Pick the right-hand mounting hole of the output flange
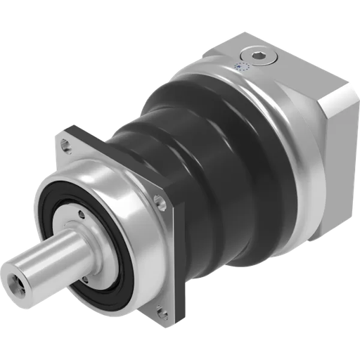coord(161,203)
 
